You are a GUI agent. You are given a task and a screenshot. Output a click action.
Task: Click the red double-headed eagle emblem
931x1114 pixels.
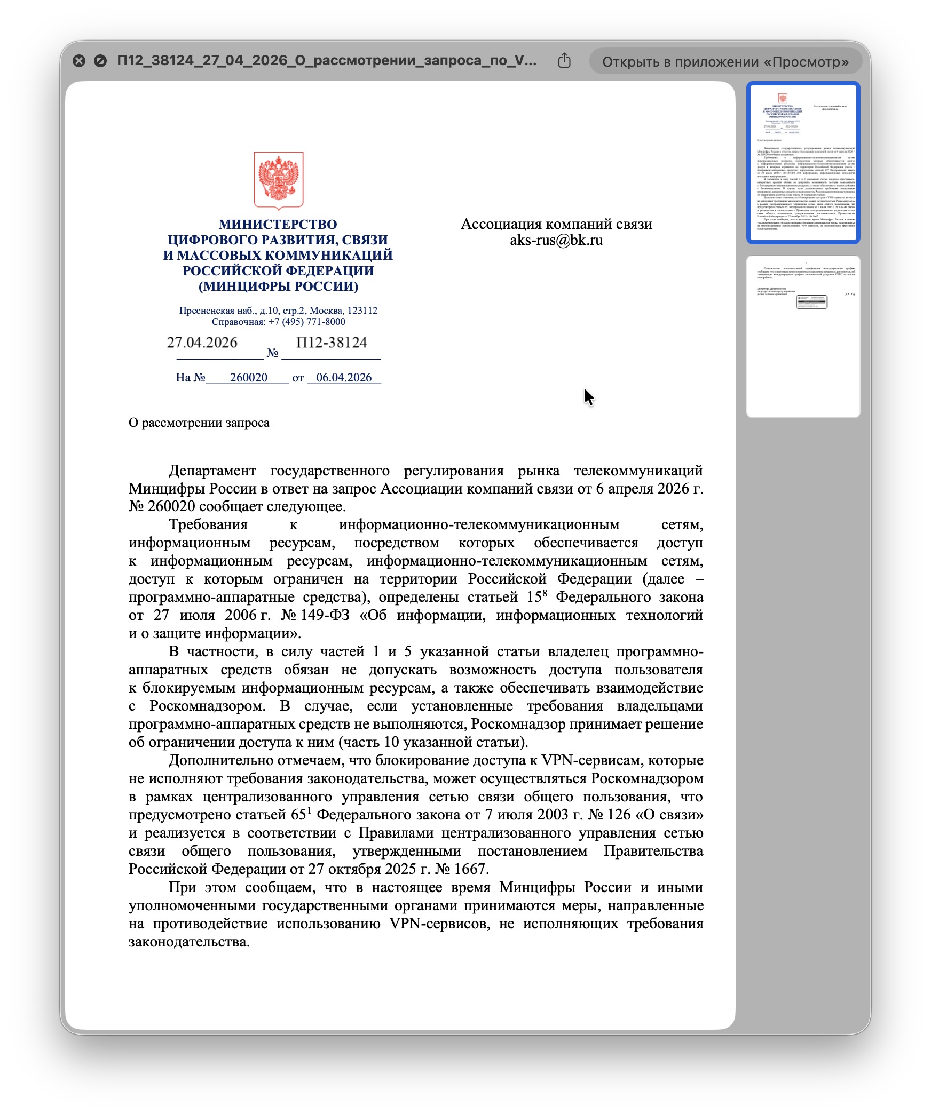tap(279, 180)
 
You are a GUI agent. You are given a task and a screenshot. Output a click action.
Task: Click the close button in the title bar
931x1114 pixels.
tap(79, 61)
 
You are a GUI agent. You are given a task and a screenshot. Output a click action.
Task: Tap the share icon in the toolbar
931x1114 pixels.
tap(564, 61)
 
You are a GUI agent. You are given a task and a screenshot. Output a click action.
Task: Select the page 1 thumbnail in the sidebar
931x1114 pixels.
tap(803, 162)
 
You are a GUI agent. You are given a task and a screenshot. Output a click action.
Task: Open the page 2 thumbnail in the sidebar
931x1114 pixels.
tap(803, 336)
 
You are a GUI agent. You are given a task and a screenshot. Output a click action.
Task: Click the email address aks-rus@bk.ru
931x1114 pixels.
tap(556, 240)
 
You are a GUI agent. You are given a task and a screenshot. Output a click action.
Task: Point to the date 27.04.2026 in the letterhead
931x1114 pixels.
tap(202, 343)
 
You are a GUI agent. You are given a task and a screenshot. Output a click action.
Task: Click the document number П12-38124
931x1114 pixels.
tap(332, 343)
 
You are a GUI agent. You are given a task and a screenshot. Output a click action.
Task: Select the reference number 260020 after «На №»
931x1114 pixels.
tap(248, 378)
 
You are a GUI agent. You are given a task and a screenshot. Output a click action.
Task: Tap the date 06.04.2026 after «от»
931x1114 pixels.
tap(344, 378)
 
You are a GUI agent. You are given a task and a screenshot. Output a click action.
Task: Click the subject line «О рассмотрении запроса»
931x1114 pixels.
tap(199, 423)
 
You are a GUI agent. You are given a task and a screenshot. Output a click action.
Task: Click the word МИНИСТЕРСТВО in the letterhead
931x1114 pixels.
tap(278, 225)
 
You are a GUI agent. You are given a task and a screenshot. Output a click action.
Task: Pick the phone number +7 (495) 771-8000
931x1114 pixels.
tap(306, 322)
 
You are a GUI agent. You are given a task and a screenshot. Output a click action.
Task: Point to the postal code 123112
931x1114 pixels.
tap(362, 311)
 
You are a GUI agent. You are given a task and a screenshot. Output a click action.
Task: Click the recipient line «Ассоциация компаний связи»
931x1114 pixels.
tap(556, 224)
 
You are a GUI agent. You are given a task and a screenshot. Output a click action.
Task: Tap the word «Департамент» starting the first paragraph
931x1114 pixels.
tap(212, 471)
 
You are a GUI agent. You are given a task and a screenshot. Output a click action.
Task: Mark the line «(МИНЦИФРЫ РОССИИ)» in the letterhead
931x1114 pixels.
tap(278, 287)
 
